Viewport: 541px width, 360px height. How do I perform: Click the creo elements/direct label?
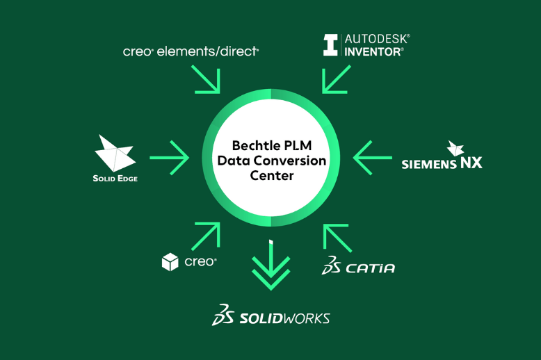click(x=191, y=51)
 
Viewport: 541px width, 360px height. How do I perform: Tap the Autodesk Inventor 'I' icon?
click(x=330, y=45)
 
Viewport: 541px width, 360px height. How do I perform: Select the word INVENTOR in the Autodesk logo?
click(x=373, y=51)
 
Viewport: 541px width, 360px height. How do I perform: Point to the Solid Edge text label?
click(x=115, y=179)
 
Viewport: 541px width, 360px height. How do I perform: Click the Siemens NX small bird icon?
click(x=456, y=148)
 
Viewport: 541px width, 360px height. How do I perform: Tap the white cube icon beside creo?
click(x=170, y=262)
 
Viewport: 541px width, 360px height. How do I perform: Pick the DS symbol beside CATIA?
click(x=331, y=265)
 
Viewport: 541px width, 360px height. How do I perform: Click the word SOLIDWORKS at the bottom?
click(x=284, y=318)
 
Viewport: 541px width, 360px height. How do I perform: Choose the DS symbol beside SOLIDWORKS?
click(x=223, y=315)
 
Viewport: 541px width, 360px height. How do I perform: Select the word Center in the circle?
click(x=271, y=175)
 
